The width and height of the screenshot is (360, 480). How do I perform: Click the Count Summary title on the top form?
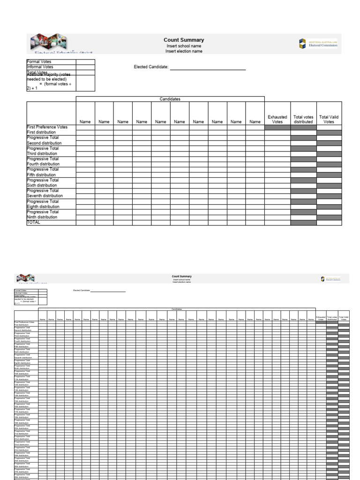(x=184, y=40)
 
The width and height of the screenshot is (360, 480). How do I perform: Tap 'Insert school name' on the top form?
(x=184, y=46)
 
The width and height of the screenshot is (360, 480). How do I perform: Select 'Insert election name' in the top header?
(x=184, y=52)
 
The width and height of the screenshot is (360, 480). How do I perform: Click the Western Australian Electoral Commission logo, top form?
(x=318, y=44)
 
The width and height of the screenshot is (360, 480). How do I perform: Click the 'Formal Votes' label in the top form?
(x=39, y=62)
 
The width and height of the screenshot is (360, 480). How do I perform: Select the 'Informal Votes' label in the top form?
(x=40, y=67)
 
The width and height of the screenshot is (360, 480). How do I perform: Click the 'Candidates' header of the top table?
(x=170, y=99)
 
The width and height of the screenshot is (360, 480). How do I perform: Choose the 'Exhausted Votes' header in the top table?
(x=277, y=119)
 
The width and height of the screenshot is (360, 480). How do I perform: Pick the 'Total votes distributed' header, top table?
(x=303, y=119)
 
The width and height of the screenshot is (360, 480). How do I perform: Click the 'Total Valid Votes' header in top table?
(x=329, y=119)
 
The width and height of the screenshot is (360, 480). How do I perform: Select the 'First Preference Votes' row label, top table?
(x=47, y=127)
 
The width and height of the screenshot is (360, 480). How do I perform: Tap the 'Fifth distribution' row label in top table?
(x=42, y=175)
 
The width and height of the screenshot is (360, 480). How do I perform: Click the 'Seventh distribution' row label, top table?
(x=45, y=196)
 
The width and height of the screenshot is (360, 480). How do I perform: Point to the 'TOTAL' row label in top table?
(x=34, y=223)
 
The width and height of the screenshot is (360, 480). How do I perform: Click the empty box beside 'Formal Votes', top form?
(x=86, y=62)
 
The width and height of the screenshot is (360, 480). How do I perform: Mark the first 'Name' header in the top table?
(x=85, y=122)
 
